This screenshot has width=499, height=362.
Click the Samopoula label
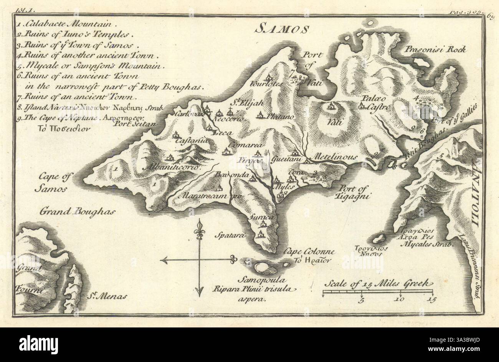[254, 280]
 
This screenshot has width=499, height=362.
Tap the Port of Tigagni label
[354, 192]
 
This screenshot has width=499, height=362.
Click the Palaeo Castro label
[375, 103]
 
